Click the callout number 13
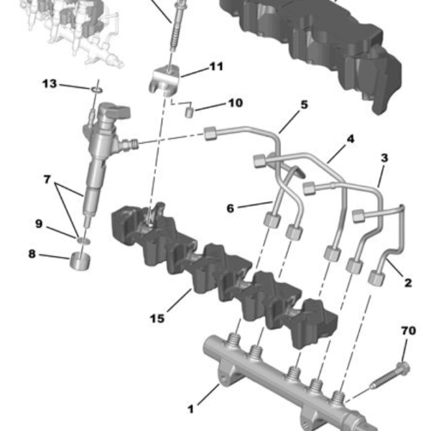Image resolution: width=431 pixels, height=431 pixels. (49, 84)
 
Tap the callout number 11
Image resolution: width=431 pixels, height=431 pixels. (216, 67)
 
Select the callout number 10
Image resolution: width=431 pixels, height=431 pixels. (235, 103)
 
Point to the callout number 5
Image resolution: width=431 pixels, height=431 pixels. (304, 105)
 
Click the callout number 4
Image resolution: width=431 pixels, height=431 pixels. (351, 137)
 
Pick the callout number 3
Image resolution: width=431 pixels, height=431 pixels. (384, 157)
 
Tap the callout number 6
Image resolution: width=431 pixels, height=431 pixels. (230, 208)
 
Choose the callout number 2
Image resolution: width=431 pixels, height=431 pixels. (407, 283)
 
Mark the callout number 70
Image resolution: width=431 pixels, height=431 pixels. (408, 331)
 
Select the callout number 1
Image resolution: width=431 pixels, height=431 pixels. (190, 409)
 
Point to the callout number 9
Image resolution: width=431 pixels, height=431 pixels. (40, 223)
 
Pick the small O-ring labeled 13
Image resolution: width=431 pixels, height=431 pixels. (96, 90)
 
